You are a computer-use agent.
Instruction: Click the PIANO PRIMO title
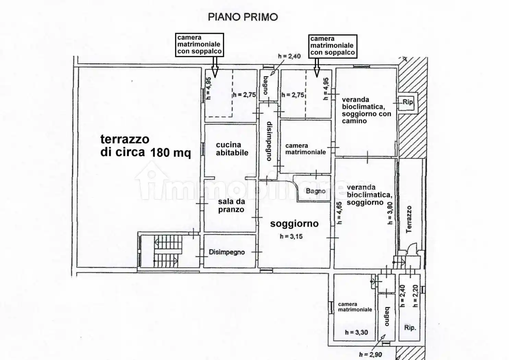[x=243, y=17]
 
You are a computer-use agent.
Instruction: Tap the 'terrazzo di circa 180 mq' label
[x=145, y=146]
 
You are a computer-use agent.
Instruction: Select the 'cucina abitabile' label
[x=232, y=149]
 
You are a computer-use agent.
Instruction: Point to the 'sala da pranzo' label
[x=231, y=205]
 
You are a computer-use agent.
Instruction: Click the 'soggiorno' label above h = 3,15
[x=294, y=224]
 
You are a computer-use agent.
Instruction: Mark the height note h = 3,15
[x=291, y=236]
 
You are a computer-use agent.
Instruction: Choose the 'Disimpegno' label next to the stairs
[x=227, y=252]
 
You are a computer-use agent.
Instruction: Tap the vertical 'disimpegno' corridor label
[x=269, y=141]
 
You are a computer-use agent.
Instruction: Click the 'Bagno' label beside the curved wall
[x=316, y=191]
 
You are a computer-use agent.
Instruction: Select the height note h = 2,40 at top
[x=289, y=56]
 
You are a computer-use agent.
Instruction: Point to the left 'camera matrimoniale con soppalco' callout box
[x=199, y=45]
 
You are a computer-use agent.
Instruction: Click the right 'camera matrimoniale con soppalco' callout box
[x=332, y=46]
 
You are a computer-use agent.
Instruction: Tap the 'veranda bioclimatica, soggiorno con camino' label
[x=366, y=110]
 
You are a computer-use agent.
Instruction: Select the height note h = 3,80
[x=390, y=213]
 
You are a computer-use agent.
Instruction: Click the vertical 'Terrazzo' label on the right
[x=409, y=219]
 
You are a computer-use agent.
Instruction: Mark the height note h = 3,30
[x=356, y=332]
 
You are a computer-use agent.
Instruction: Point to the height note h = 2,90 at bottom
[x=370, y=355]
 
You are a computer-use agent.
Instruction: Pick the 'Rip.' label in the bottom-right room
[x=410, y=327]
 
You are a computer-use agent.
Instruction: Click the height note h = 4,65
[x=339, y=213]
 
